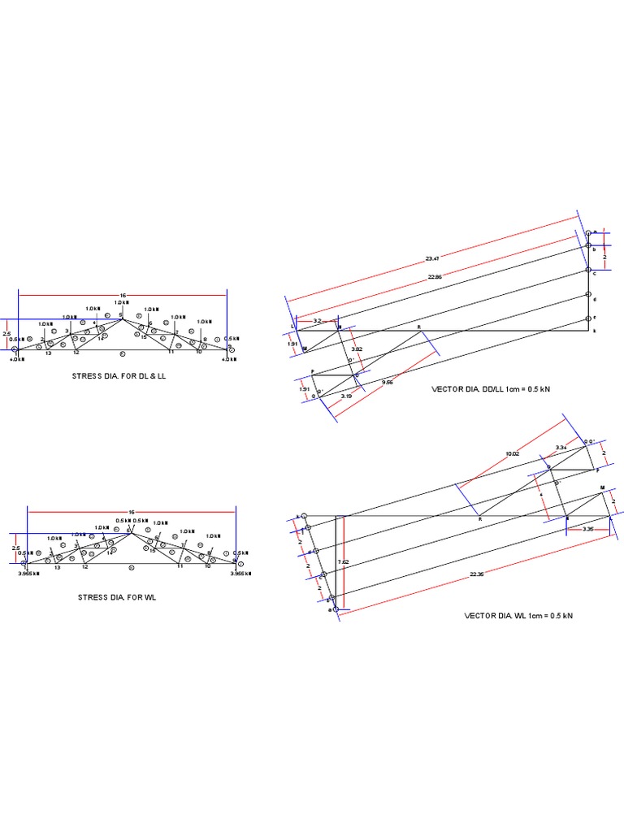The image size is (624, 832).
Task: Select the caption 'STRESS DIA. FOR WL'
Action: click(x=116, y=597)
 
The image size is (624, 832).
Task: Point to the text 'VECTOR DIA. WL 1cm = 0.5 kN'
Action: click(x=518, y=616)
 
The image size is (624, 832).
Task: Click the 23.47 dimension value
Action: click(x=432, y=258)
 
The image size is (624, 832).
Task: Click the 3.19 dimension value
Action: click(x=346, y=396)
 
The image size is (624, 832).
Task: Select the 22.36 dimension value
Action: click(x=476, y=574)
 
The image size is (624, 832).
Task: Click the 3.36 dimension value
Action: click(x=589, y=529)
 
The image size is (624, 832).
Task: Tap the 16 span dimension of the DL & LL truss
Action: click(x=123, y=295)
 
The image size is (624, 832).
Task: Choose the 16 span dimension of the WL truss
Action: click(x=131, y=513)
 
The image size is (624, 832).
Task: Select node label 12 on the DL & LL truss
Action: click(x=76, y=353)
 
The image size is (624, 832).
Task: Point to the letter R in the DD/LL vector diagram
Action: click(x=419, y=327)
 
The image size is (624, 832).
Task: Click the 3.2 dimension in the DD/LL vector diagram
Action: click(x=318, y=321)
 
